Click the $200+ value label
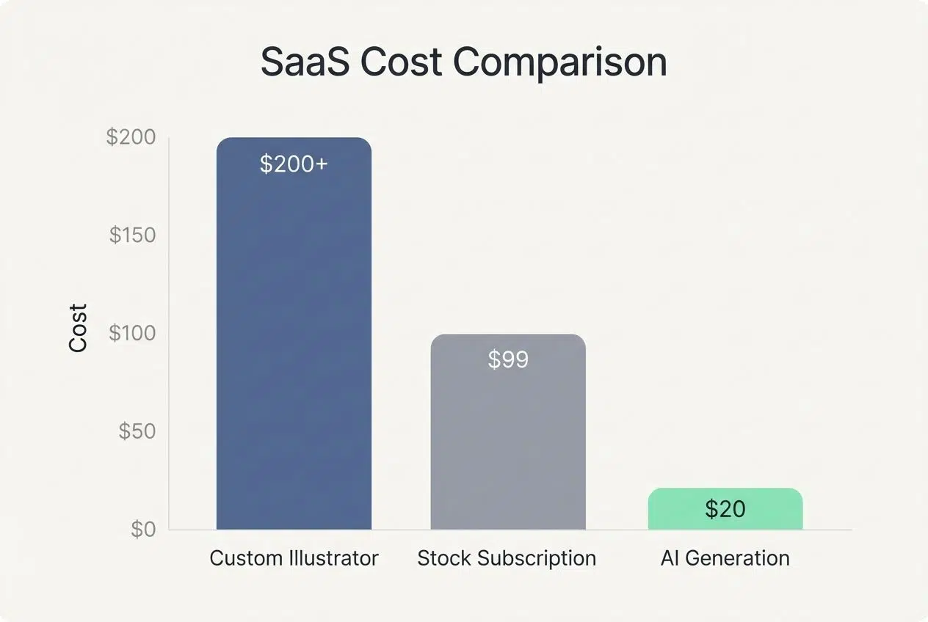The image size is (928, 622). click(294, 164)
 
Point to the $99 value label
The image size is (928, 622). click(508, 359)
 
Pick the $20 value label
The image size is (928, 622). click(725, 509)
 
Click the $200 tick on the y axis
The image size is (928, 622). click(131, 137)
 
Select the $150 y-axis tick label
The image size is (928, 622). click(132, 235)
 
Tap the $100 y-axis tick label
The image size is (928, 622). click(132, 333)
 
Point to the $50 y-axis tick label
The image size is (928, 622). click(137, 431)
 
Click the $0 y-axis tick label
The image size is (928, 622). click(143, 529)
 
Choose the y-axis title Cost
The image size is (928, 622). click(79, 328)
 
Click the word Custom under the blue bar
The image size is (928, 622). click(245, 558)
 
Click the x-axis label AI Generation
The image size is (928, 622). click(725, 558)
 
